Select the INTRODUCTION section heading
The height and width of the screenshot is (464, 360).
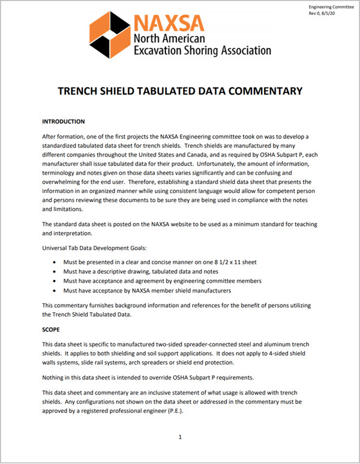click(64, 120)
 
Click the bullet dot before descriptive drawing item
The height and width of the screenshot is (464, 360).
click(56, 272)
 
